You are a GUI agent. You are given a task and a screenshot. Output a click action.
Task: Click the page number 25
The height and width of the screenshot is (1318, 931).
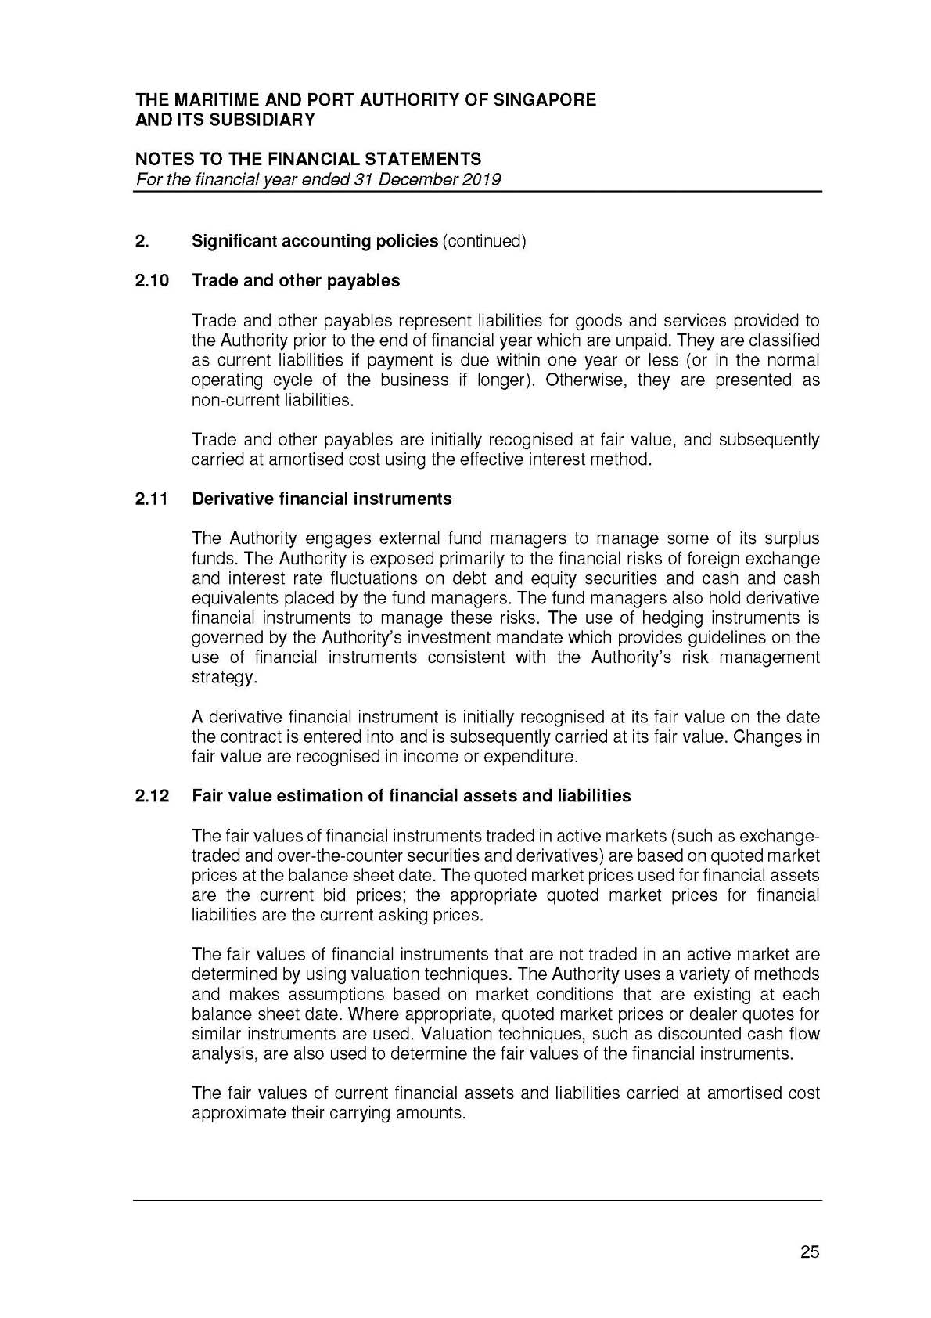tap(810, 1252)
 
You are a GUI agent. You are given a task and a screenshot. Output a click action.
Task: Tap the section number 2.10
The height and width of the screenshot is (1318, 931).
tap(153, 281)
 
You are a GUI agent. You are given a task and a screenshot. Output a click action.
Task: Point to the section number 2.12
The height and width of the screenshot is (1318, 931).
tap(153, 796)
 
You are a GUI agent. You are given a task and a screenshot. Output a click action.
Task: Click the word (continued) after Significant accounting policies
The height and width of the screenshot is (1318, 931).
tap(484, 241)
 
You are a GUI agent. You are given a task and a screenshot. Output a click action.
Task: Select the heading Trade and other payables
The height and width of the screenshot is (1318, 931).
tap(296, 281)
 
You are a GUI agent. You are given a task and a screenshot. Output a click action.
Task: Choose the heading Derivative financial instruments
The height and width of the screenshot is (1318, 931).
tap(322, 499)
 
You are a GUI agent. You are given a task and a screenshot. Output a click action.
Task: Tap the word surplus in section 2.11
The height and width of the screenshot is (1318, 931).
tap(793, 539)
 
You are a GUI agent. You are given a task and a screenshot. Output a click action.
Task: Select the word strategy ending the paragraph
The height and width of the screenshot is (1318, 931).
tap(222, 678)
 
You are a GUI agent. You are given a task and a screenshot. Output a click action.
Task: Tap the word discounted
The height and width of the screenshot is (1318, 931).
tap(688, 1034)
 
